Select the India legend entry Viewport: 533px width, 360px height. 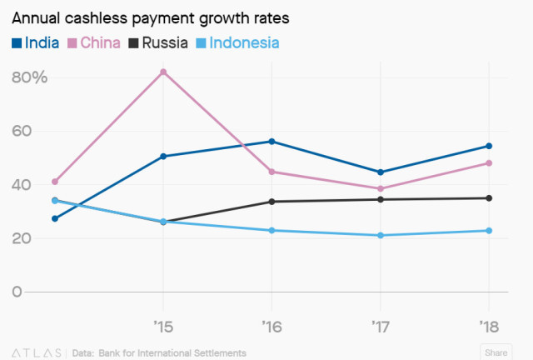tap(36, 42)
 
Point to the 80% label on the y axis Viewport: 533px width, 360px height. tap(30, 77)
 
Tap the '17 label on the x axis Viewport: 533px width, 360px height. tap(380, 322)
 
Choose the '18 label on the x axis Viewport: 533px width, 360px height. tap(488, 322)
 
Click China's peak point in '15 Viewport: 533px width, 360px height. tap(162, 72)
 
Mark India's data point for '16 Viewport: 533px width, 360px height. tap(271, 142)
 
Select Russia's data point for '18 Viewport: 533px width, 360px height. tap(489, 198)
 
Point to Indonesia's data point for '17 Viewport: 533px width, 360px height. tap(381, 235)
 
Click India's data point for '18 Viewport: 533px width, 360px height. tap(489, 146)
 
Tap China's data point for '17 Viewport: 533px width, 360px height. tap(381, 188)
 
